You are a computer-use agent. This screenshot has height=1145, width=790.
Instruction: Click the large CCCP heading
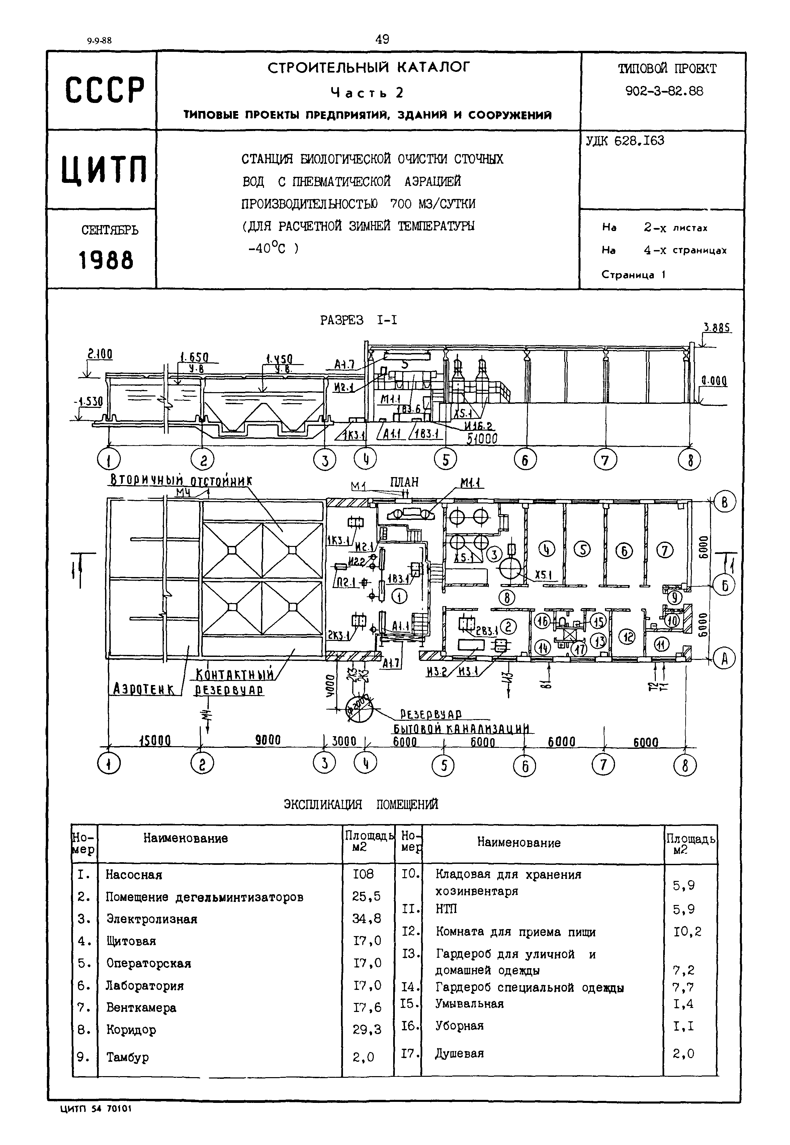tap(105, 90)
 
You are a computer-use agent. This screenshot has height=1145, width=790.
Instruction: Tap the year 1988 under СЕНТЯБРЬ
tap(106, 260)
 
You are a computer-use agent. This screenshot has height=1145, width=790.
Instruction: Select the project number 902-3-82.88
tap(664, 91)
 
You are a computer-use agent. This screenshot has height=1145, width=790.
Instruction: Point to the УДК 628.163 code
tap(625, 141)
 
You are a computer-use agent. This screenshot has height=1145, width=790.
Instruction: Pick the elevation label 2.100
tap(100, 354)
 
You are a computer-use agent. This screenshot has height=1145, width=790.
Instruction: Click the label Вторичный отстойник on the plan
tap(181, 480)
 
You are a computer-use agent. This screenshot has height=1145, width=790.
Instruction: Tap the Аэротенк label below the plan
tap(144, 689)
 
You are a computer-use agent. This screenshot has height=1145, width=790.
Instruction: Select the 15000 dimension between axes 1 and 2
tap(155, 740)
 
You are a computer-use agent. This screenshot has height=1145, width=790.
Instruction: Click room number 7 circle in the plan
tap(664, 550)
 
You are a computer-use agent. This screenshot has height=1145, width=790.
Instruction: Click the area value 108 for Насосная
tap(363, 875)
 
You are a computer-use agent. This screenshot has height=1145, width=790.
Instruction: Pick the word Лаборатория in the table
tap(145, 986)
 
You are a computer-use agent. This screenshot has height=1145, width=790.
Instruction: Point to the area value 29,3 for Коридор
tap(367, 1030)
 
